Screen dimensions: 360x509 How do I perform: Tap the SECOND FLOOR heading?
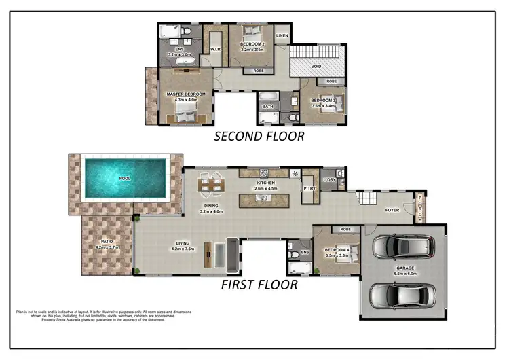(x=259, y=136)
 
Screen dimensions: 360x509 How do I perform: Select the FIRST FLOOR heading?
(x=259, y=284)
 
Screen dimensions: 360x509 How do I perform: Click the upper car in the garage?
(x=402, y=251)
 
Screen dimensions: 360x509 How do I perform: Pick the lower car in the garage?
(x=402, y=295)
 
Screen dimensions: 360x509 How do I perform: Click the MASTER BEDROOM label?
(x=180, y=94)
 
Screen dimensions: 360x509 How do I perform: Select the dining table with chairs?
(x=210, y=185)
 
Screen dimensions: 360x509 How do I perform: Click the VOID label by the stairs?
(x=316, y=67)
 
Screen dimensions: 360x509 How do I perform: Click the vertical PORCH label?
(x=421, y=209)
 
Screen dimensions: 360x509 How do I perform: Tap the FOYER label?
(x=392, y=210)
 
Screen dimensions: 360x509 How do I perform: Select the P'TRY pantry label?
(x=309, y=188)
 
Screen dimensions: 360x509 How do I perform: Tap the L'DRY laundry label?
(x=330, y=179)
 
